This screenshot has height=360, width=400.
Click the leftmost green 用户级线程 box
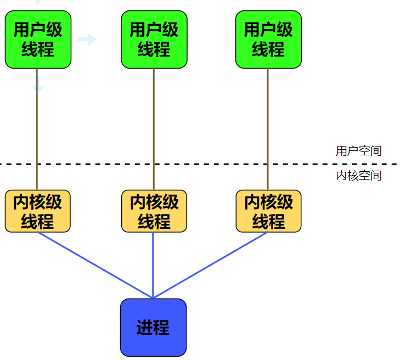pos(38,40)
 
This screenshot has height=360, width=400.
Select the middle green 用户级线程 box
pos(154,40)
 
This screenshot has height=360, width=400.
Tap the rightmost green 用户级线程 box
pos(268,40)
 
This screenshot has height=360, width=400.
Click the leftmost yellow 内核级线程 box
pos(38,211)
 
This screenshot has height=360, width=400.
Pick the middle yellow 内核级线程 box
pos(154,211)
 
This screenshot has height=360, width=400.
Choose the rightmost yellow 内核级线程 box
pos(268,211)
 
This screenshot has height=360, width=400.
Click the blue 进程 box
pos(153,328)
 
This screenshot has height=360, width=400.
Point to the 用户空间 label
pos(358,151)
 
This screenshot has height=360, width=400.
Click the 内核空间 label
pos(358,176)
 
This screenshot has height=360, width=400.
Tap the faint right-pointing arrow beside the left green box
pos(87,39)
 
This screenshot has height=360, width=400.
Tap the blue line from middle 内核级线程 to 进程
pos(153,263)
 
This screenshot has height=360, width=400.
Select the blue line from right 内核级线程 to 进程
pos(211,265)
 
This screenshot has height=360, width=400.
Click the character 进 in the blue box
pos(144,328)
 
